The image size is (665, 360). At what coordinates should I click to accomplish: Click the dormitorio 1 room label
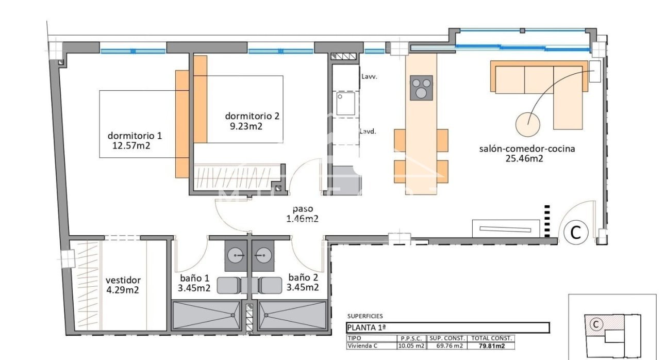pos(135,136)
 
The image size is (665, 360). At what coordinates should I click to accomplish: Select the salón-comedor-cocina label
pos(527,149)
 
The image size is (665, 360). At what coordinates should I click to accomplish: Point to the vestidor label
pos(123,280)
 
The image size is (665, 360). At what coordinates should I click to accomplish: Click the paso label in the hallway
pos(303,209)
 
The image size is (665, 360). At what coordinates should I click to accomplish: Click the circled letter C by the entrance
pos(575,233)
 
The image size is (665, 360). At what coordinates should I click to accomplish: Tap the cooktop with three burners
pos(421,88)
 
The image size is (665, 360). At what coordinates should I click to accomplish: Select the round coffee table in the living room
pos(528,123)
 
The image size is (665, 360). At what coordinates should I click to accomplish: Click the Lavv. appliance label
pos(370,76)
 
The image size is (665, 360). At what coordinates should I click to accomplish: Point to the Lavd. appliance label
pos(368,131)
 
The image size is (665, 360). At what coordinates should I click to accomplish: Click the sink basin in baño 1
pos(237,254)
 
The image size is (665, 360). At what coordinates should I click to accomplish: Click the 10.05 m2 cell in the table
pos(411,346)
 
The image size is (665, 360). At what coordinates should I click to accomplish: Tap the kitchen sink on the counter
pos(345,103)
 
